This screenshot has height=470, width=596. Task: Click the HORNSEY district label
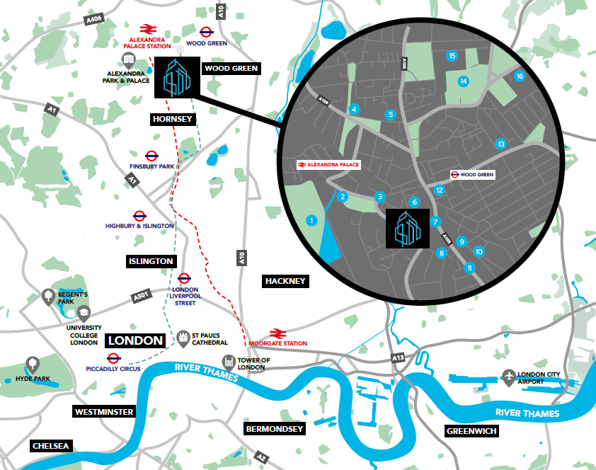point(173,120)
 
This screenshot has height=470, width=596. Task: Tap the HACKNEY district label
point(285,281)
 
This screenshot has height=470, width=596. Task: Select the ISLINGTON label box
point(150,261)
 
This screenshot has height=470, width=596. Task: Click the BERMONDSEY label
point(275,429)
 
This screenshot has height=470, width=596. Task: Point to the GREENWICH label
point(471,430)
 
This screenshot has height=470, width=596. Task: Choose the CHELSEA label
point(51,446)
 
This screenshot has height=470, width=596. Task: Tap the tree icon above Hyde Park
point(32,365)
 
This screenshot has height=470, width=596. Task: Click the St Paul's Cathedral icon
point(183,339)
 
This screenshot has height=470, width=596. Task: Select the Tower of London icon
point(229,362)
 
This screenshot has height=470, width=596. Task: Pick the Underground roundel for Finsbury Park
point(151,156)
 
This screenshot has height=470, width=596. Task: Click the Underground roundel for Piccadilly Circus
point(113,358)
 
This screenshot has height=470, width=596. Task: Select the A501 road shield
point(140,296)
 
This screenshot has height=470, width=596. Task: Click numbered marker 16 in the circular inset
point(519,76)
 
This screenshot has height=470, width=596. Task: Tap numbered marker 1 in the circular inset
point(311,221)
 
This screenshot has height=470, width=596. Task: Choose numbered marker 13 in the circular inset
point(501,144)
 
